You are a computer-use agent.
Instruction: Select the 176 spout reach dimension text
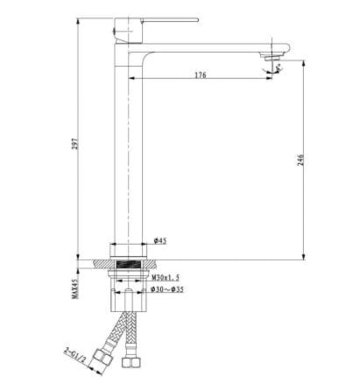tap(201, 75)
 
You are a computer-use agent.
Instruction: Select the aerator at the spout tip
tap(272, 55)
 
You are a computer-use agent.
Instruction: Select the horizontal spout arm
tap(212, 49)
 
